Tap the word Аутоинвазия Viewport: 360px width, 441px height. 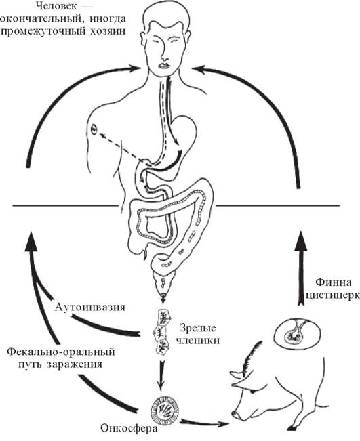click(x=89, y=307)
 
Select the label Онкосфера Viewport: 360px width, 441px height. click(x=129, y=429)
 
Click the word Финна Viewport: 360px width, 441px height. click(x=334, y=282)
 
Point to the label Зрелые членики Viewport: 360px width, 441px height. click(x=197, y=334)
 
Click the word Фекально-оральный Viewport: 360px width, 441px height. click(x=61, y=352)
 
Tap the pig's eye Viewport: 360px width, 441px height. click(x=253, y=391)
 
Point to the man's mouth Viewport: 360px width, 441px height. click(x=164, y=66)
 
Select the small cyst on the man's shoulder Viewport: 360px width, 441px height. click(x=94, y=129)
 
